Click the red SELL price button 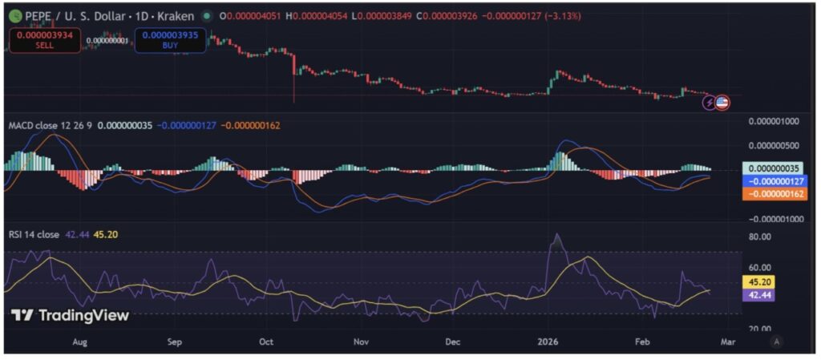[45, 41]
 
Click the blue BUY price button [171, 41]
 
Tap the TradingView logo [70, 315]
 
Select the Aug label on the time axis [79, 342]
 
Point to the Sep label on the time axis [176, 342]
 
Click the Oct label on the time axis [267, 342]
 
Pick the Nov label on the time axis [362, 342]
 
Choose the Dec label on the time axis [454, 342]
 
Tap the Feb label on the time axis [642, 342]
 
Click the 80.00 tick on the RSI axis [759, 237]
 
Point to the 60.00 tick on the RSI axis [759, 267]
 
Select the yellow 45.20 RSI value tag [759, 283]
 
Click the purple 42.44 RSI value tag [759, 295]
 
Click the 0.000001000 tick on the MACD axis [774, 121]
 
